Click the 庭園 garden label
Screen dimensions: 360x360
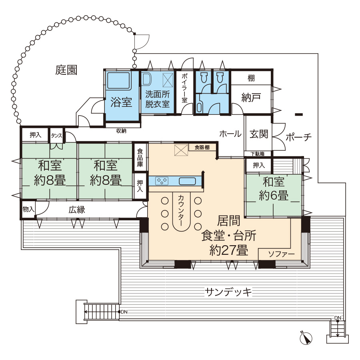[66, 70]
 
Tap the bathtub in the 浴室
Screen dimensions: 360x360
[119, 80]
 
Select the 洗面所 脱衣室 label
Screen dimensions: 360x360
[158, 99]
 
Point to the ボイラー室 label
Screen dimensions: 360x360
[184, 88]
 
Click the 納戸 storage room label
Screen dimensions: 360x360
[251, 98]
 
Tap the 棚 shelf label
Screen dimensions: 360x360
[251, 78]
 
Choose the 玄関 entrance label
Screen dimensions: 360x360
[259, 134]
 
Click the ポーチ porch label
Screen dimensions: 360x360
[298, 137]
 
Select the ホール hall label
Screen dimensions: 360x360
[230, 134]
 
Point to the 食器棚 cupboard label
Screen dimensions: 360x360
[202, 147]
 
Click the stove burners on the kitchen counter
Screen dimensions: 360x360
[162, 181]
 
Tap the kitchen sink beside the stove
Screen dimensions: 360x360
[187, 181]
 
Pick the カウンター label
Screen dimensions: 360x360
[181, 210]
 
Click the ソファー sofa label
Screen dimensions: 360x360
[281, 254]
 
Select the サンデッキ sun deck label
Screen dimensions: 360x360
[228, 292]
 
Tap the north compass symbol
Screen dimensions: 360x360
[306, 338]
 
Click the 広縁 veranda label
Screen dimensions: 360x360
[77, 210]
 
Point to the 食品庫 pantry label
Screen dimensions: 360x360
[140, 158]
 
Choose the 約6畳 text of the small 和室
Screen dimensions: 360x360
[274, 196]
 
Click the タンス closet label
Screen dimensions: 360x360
[56, 136]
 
